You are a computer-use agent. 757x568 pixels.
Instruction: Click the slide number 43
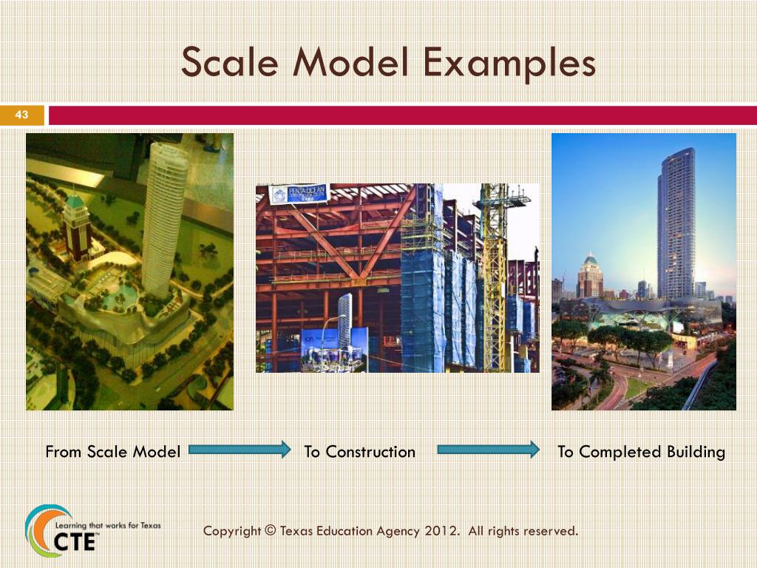21,115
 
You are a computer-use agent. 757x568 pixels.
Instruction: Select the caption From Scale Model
112,452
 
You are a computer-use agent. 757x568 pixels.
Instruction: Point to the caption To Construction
360,452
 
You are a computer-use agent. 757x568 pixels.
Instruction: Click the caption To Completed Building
641,452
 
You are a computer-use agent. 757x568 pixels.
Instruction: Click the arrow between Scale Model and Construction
240,450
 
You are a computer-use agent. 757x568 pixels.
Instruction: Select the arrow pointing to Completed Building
489,450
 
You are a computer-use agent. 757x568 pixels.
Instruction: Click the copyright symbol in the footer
269,531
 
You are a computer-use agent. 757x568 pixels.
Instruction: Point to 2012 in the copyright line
440,531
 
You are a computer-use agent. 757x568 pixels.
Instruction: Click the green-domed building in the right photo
590,276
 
